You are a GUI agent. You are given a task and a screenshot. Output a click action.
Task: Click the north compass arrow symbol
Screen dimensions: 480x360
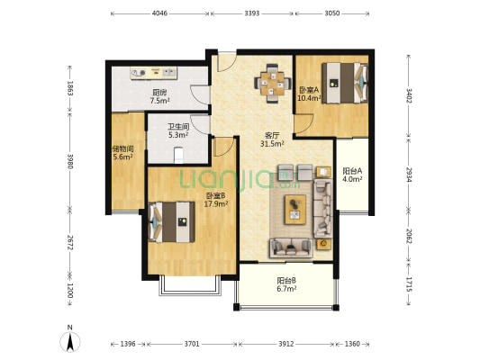coord(70,341)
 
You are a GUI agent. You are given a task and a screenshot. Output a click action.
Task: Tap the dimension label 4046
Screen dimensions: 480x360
coord(159,13)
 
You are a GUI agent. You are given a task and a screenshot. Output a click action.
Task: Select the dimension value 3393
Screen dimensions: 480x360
coord(252,13)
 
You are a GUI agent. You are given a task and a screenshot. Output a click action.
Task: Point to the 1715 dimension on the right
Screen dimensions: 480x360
coord(409,284)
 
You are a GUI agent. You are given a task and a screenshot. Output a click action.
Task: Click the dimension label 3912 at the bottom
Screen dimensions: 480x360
coord(285,344)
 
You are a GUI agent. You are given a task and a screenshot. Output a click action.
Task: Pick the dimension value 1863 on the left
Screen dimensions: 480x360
coord(70,88)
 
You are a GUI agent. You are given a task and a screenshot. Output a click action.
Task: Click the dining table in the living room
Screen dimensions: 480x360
coord(272,83)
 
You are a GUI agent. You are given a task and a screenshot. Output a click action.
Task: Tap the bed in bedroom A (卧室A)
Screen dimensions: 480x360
coord(345,83)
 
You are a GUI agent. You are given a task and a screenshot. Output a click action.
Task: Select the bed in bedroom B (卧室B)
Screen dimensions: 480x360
coord(171,222)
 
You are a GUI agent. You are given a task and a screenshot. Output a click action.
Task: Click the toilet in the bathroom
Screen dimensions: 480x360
coord(178,155)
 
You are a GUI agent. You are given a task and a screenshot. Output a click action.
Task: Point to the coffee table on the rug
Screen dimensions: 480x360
coord(295,210)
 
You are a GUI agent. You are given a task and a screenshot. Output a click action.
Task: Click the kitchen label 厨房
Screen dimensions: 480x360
coord(159,93)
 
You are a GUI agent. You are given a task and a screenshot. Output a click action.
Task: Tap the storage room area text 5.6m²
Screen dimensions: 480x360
coord(122,157)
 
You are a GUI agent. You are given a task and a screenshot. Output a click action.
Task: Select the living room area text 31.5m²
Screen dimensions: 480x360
coord(272,143)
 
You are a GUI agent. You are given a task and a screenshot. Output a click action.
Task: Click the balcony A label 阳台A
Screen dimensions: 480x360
coord(352,171)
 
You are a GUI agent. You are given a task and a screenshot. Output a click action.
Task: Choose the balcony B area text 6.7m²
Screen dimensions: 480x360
coord(286,288)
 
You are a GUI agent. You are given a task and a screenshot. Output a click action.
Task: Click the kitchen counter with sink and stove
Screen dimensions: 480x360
coord(154,73)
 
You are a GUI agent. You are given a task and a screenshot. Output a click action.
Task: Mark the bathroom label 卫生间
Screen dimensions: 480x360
coord(178,126)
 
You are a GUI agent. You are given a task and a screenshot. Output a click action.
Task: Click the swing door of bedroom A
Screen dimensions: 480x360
coord(303,124)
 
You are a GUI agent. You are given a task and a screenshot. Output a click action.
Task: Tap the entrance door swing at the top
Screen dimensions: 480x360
coord(227,62)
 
